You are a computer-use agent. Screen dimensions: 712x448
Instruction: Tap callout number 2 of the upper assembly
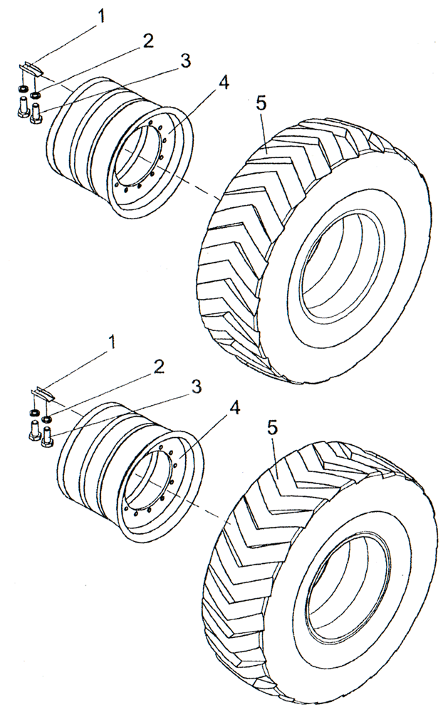(147, 41)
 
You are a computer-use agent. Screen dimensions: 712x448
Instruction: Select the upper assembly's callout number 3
(185, 61)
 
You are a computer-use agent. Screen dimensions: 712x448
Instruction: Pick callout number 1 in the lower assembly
(111, 343)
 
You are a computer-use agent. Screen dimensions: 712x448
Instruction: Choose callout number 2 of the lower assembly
(158, 366)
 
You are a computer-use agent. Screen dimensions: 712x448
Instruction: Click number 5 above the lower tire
(272, 429)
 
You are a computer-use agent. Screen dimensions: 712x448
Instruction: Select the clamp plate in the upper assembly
(31, 68)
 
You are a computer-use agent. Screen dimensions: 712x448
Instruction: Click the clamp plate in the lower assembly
(42, 393)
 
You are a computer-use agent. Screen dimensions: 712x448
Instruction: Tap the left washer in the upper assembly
(21, 88)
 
